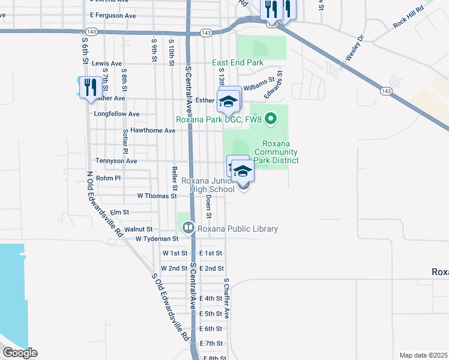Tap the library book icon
click(x=188, y=228)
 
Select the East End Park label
click(x=238, y=62)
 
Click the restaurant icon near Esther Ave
click(x=88, y=87)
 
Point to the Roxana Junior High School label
click(x=208, y=185)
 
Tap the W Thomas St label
click(x=157, y=196)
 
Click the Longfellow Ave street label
click(x=116, y=113)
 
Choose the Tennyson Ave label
click(x=116, y=161)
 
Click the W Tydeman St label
click(x=157, y=239)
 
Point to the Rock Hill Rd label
click(x=408, y=17)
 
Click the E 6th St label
click(x=211, y=329)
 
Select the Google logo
click(x=20, y=353)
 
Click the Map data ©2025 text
click(x=423, y=355)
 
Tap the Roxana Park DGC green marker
click(x=271, y=119)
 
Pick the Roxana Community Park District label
click(x=276, y=152)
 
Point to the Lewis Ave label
click(x=107, y=63)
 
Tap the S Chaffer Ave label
click(x=226, y=298)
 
